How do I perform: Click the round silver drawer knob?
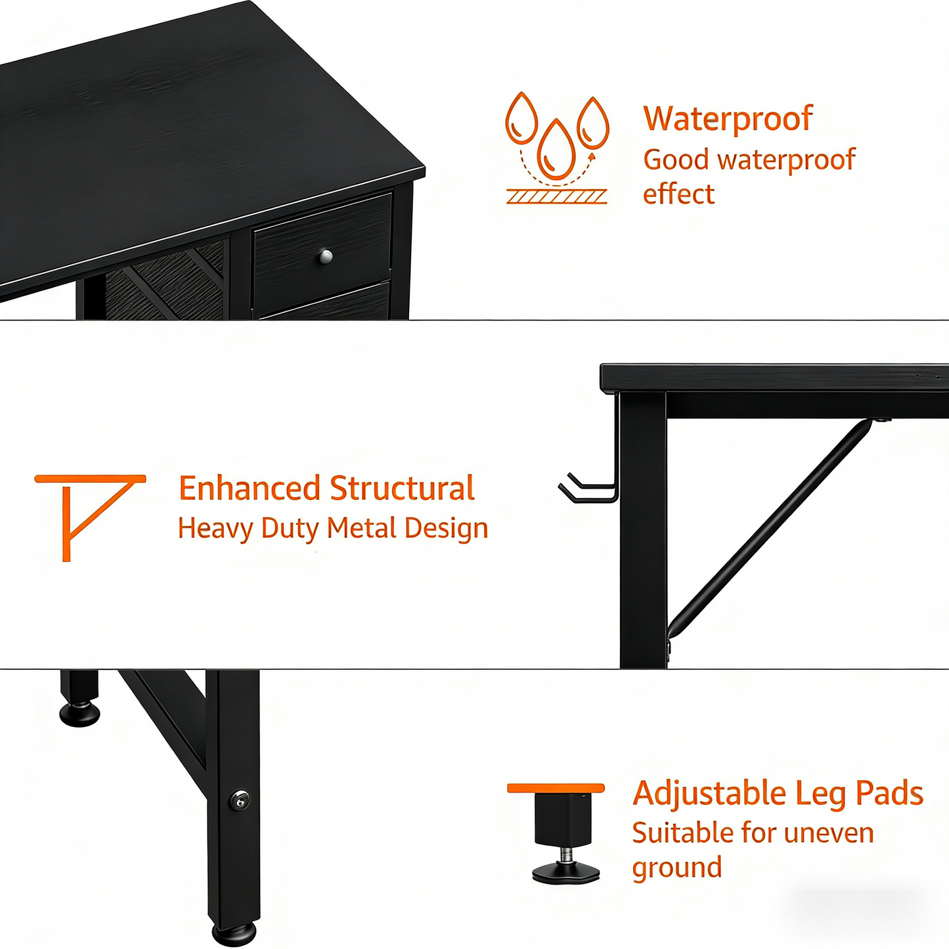click(326, 257)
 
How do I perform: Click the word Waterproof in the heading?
click(728, 119)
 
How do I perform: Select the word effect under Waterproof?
click(678, 194)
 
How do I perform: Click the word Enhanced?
click(249, 489)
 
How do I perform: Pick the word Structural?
click(402, 489)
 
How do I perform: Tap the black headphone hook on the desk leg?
click(588, 489)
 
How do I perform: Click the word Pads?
click(889, 793)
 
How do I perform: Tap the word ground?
click(676, 868)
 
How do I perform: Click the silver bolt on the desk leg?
click(240, 799)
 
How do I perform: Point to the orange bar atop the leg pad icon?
click(556, 788)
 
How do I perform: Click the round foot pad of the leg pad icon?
click(565, 872)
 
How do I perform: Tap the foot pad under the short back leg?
click(79, 714)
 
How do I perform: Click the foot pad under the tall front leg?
click(234, 933)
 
